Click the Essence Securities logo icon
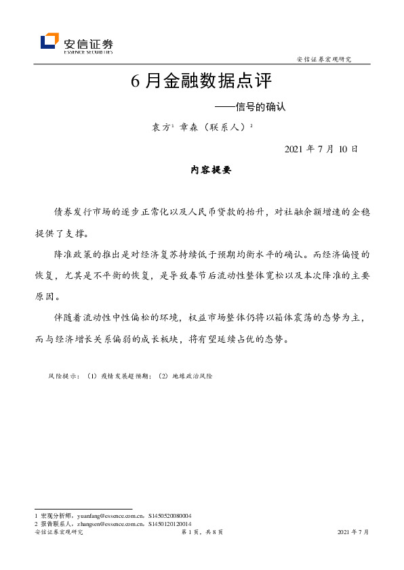click(49, 41)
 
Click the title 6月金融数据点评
click(201, 81)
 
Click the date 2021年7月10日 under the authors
click(321, 149)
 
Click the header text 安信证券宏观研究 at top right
click(324, 60)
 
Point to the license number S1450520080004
click(170, 515)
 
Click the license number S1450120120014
click(170, 523)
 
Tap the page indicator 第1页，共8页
click(201, 533)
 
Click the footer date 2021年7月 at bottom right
click(352, 533)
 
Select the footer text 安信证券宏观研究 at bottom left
click(58, 533)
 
